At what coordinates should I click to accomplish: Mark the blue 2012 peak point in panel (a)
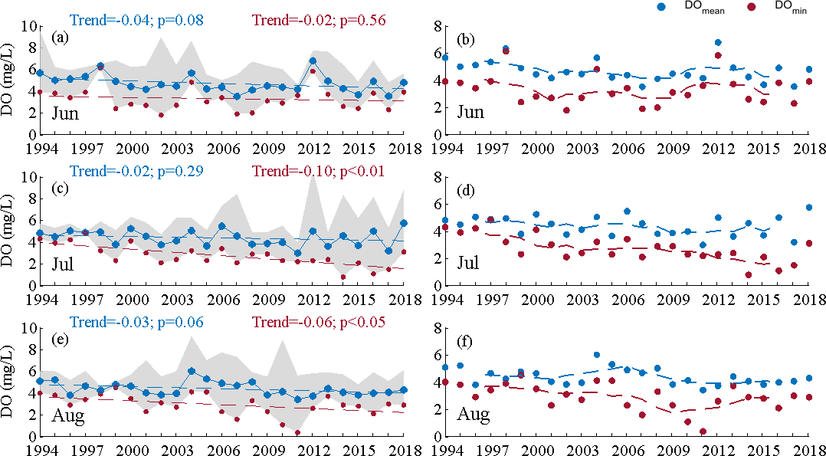click(x=313, y=61)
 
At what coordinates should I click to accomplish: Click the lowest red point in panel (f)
click(x=703, y=431)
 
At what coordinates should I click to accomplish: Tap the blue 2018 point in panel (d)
click(x=809, y=207)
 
